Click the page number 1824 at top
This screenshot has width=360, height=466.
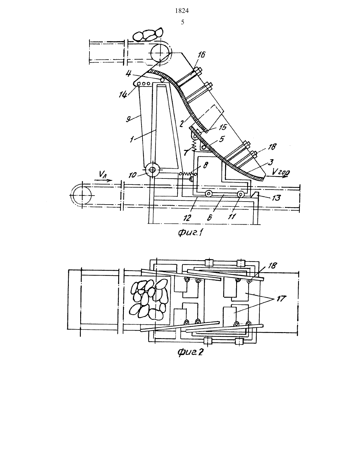[x=182, y=11]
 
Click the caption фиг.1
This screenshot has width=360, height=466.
[x=191, y=233]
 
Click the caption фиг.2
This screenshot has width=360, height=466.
[x=191, y=352]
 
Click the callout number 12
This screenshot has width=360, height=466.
[x=187, y=218]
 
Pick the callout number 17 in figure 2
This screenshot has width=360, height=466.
[x=281, y=298]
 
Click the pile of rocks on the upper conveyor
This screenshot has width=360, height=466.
[x=148, y=34]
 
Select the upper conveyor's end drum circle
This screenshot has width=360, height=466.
[x=161, y=53]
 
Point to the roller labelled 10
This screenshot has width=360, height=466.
[x=152, y=170]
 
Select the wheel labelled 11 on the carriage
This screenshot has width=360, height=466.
[x=240, y=194]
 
